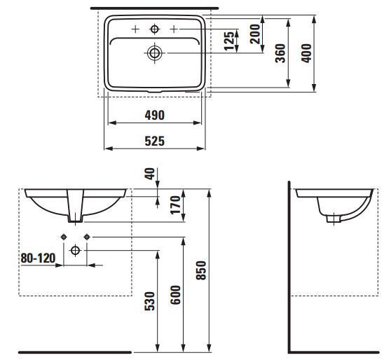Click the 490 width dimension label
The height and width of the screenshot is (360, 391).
(155, 115)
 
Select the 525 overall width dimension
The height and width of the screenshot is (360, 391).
(155, 141)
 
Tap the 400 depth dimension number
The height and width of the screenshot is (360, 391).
(306, 53)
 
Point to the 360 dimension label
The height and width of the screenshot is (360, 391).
(280, 53)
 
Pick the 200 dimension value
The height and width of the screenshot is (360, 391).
(255, 34)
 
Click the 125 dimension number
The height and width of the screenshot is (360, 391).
(229, 41)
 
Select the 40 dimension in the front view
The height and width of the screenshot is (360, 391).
(150, 174)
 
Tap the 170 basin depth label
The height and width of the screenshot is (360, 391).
(175, 205)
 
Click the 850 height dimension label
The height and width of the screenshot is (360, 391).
(201, 270)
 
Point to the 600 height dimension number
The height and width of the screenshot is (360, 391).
(175, 295)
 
